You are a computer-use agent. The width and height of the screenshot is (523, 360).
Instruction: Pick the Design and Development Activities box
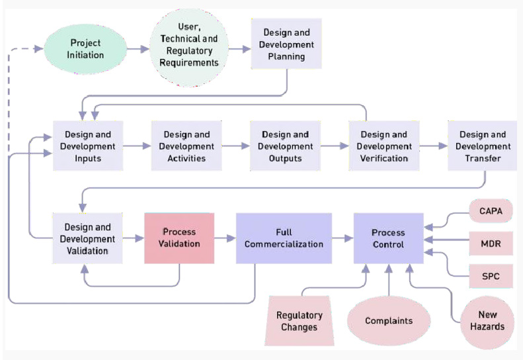point(186,146)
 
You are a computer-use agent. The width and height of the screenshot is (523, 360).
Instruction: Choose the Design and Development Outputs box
point(285,146)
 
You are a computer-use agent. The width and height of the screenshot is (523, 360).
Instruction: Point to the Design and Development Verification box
point(384,146)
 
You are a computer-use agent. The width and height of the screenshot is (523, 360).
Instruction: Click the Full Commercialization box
point(284,238)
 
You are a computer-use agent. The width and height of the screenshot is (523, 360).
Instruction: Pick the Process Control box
point(388,238)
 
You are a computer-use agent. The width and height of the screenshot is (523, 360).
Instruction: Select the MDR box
point(490,243)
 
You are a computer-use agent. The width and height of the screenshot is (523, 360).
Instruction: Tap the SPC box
point(490,275)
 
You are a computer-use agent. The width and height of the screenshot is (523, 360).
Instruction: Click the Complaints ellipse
point(389,321)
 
